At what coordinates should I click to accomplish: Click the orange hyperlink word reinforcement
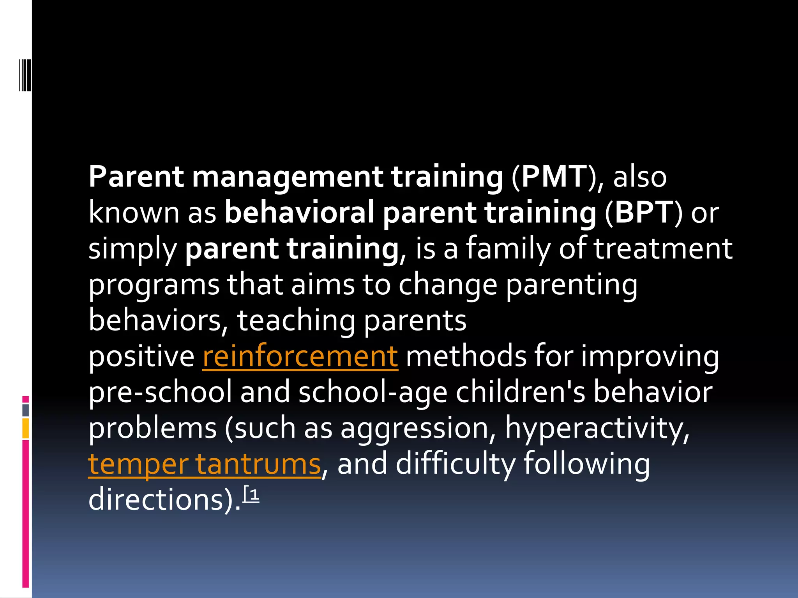tap(300, 356)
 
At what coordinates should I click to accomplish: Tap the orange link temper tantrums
tap(204, 464)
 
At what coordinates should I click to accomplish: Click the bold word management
tap(288, 177)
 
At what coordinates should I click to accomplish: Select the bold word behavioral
tap(299, 213)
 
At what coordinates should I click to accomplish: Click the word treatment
tap(663, 249)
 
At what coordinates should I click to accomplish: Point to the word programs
tap(154, 285)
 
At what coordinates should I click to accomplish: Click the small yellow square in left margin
tap(25, 428)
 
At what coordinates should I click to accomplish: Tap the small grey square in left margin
tap(25, 410)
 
